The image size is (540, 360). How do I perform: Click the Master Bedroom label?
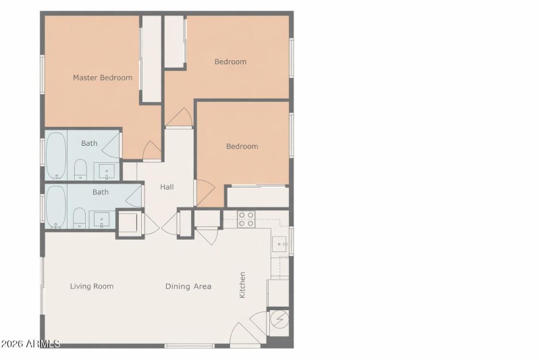[x=103, y=78]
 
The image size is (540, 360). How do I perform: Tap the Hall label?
[x=167, y=186]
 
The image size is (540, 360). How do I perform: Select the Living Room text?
[x=92, y=286]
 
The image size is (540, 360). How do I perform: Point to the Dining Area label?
[x=188, y=286]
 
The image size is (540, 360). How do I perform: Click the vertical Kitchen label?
[x=242, y=285]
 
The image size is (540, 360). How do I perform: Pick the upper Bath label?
[x=89, y=143]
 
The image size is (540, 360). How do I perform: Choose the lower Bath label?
[x=101, y=192]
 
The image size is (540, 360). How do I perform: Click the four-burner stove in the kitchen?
[x=247, y=218]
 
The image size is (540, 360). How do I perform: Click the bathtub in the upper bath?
[x=55, y=155]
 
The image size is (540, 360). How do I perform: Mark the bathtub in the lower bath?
[x=55, y=206]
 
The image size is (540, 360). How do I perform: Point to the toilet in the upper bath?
[x=80, y=170]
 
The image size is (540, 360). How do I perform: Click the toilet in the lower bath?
[x=79, y=217]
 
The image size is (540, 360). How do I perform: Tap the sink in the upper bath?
[x=105, y=171]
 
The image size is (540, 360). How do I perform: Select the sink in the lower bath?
[x=101, y=220]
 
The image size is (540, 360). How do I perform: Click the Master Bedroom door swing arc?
[x=153, y=151]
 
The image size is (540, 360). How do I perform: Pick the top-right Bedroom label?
[x=230, y=62]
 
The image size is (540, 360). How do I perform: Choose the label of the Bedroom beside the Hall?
[x=242, y=147]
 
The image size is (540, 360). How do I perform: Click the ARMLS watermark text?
[x=30, y=344]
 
